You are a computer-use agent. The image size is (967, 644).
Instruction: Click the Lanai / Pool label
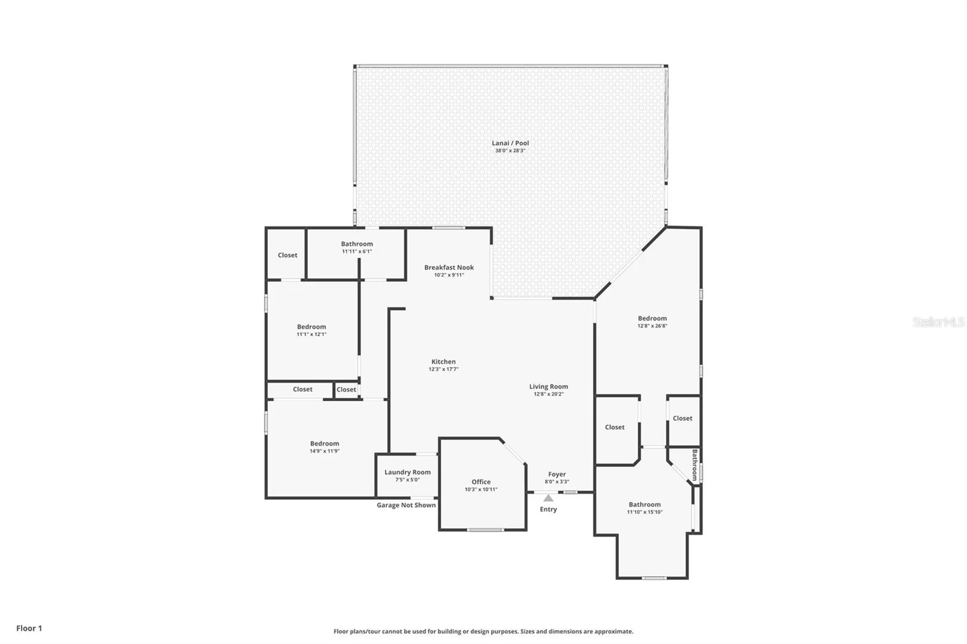pos(510,143)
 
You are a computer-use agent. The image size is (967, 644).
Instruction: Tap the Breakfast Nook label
pos(449,267)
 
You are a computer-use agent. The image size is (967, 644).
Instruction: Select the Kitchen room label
pos(443,362)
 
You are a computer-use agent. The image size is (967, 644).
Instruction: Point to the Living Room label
pos(548,387)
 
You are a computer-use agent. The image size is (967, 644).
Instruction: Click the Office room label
pos(481,482)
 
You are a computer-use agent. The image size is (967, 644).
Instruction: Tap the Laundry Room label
pos(407,472)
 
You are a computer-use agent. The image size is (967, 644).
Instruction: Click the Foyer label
pos(557,474)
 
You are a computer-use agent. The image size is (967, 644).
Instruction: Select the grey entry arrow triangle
pos(548,498)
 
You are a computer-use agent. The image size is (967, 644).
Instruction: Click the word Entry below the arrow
pos(548,509)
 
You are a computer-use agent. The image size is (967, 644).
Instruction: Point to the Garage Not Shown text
pos(406,505)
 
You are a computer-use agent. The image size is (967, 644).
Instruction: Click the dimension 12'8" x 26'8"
pos(652,326)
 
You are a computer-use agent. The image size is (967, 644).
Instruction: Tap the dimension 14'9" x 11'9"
pos(324,451)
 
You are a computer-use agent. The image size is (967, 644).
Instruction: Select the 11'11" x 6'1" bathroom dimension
pos(357,251)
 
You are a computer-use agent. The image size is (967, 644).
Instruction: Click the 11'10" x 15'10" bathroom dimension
pos(645,512)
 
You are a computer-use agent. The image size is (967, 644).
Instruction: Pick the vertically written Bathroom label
pos(695,464)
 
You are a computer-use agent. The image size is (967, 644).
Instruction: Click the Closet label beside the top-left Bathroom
pos(288,255)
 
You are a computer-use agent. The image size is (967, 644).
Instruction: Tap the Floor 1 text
pos(29,628)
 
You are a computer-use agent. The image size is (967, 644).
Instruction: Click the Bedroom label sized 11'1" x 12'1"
pos(311,327)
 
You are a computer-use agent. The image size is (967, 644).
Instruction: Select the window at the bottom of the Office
pos(484,530)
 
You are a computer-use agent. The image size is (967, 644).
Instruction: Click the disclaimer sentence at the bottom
pos(483,631)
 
